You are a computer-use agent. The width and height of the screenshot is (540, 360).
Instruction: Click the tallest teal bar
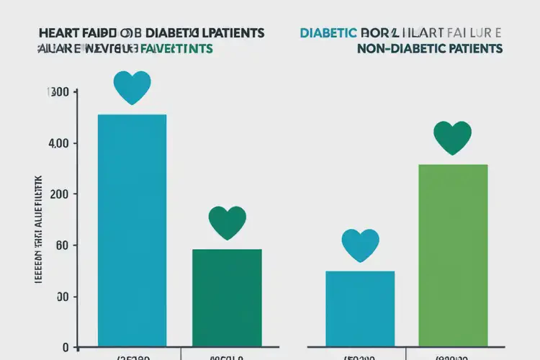pos(132,230)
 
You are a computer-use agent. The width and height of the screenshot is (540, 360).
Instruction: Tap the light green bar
pos(453,259)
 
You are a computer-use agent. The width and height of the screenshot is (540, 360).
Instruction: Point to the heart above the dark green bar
pos(227,223)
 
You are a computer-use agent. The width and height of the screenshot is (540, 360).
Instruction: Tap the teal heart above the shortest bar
pos(360,246)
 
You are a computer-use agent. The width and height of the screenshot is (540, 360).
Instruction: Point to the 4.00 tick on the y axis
pos(58,143)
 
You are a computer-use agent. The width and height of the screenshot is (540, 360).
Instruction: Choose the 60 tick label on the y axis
pos(63,246)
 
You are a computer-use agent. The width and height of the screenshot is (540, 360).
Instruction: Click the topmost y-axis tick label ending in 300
pos(58,92)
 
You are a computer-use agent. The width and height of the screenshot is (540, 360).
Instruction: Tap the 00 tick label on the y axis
pos(61,297)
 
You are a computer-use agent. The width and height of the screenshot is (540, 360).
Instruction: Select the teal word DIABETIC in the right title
pos(327,34)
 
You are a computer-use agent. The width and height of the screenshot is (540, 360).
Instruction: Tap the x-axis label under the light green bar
pos(452,356)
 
